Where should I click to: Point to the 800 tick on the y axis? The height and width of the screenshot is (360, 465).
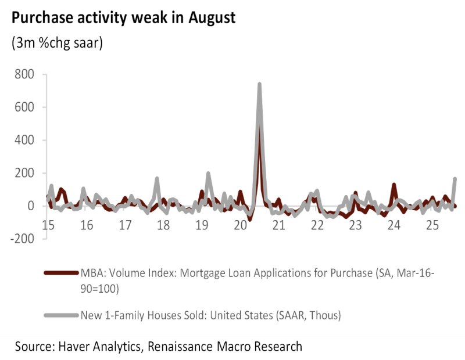pos(24,74)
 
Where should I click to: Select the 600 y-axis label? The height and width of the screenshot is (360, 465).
pos(24,107)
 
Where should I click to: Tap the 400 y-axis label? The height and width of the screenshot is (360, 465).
pos(24,140)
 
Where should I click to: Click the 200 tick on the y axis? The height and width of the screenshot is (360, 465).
pos(24,173)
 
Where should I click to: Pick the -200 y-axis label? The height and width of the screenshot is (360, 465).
pos(22,239)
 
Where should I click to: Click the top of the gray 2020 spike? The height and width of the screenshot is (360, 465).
pos(259,84)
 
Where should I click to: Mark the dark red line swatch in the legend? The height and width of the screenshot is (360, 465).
pos(60,273)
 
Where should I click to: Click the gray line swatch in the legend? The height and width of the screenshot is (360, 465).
pos(60,315)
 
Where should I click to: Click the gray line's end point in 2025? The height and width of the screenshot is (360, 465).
pos(455,179)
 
